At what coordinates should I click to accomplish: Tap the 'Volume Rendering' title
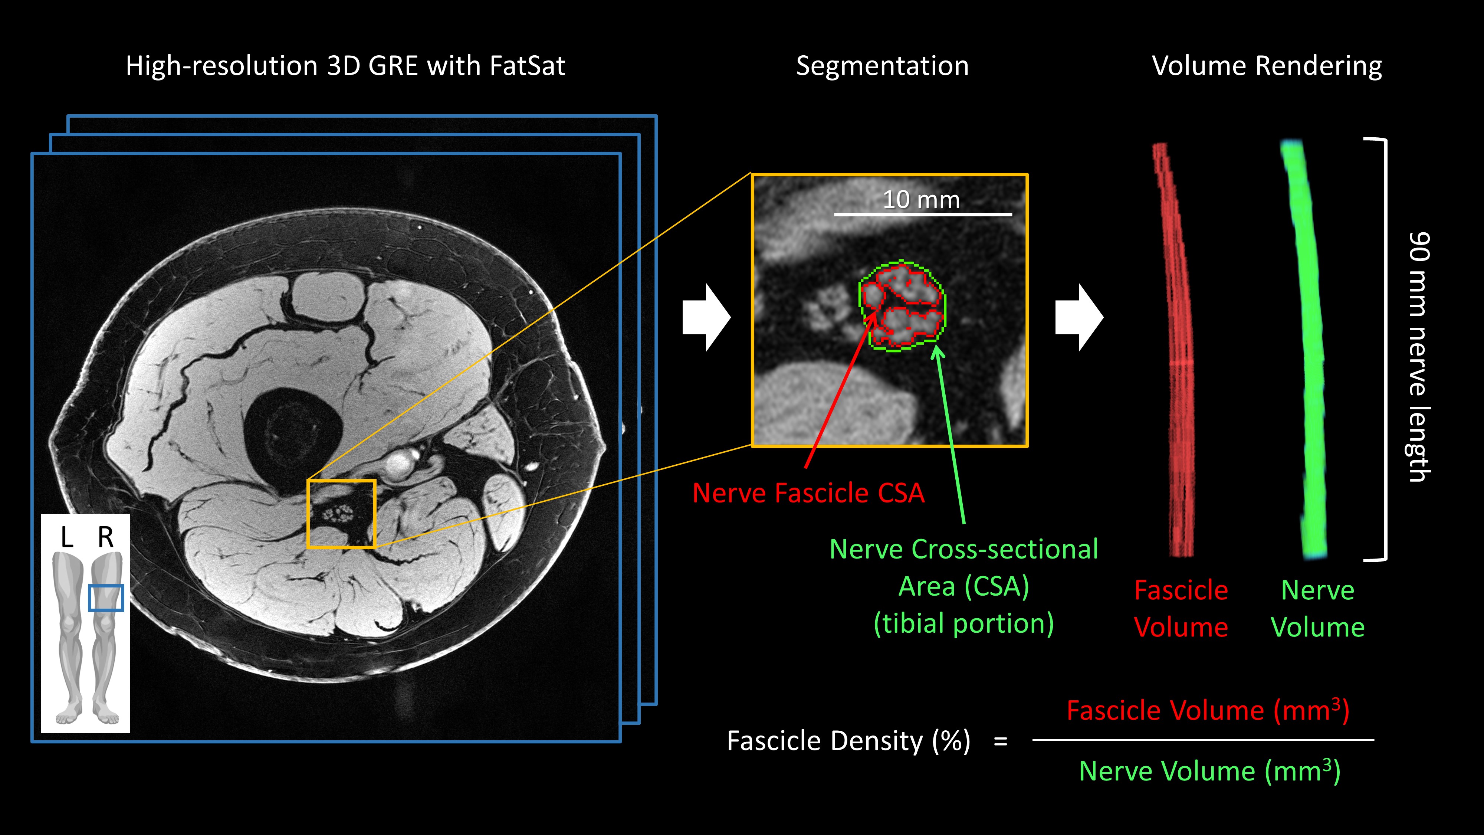click(x=1266, y=66)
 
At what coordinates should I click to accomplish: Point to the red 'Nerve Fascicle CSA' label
click(x=808, y=493)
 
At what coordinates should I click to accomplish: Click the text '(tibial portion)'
click(x=963, y=623)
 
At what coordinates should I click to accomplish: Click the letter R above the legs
click(x=105, y=538)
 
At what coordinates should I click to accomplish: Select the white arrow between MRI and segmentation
click(x=706, y=318)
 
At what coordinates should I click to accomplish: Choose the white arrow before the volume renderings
click(x=1078, y=318)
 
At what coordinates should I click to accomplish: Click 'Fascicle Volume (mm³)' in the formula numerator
click(x=1208, y=711)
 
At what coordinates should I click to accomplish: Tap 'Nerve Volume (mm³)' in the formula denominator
click(x=1209, y=771)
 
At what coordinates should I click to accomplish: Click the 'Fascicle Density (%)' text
click(x=848, y=741)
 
